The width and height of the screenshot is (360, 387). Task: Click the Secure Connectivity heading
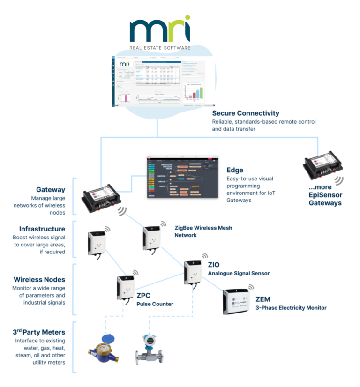[246, 113]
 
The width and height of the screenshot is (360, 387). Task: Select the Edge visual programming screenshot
[182, 177]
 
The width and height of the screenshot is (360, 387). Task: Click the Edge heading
[235, 170]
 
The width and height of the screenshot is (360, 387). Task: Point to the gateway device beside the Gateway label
[100, 196]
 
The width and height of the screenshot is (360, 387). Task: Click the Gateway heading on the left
[51, 190]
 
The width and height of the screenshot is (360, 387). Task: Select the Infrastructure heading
[41, 229]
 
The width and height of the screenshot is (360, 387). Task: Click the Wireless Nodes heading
[39, 280]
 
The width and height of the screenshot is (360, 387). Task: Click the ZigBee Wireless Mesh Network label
[203, 231]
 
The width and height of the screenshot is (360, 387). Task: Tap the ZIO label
[214, 265]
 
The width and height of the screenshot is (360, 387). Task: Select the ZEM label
[263, 299]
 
